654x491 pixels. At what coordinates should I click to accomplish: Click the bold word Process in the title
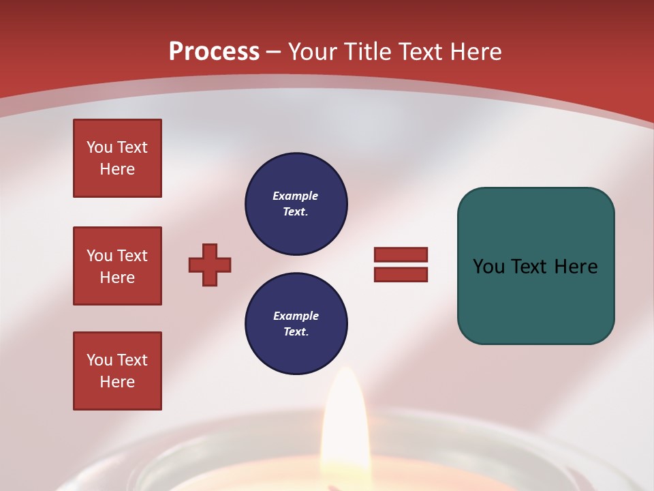click(x=214, y=52)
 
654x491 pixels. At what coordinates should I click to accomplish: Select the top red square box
click(x=117, y=158)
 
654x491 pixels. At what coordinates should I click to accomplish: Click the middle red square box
click(x=117, y=266)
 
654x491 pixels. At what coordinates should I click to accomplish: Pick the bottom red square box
click(x=117, y=371)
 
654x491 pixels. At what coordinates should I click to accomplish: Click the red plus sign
click(x=210, y=265)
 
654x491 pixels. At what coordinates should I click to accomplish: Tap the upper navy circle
click(x=296, y=204)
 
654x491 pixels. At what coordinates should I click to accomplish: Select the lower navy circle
click(x=296, y=324)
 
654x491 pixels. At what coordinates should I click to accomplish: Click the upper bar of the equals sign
click(x=401, y=254)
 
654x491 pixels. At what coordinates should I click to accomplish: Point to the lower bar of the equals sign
click(x=401, y=274)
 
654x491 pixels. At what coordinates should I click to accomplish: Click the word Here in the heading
click(x=474, y=52)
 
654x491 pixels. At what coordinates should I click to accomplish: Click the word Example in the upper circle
click(x=296, y=196)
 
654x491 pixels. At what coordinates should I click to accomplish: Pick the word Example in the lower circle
click(x=296, y=316)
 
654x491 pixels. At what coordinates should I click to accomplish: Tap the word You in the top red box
click(x=99, y=147)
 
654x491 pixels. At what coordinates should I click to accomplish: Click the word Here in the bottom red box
click(x=117, y=382)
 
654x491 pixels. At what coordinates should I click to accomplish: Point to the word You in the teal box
click(x=488, y=267)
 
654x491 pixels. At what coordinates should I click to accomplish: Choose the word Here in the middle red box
click(x=117, y=278)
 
